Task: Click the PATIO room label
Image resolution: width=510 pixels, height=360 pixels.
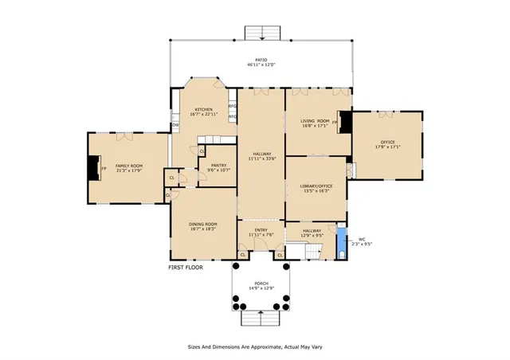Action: click(261, 60)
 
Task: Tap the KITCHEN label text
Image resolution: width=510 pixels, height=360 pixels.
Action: click(203, 110)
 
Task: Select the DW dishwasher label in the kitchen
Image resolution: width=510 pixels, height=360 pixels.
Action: click(175, 125)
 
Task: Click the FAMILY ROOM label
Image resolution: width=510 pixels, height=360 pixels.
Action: click(127, 163)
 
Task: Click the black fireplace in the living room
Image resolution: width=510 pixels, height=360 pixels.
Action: click(344, 122)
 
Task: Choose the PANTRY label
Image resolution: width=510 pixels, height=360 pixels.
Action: click(218, 166)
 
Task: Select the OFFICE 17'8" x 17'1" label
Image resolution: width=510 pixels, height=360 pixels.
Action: click(388, 143)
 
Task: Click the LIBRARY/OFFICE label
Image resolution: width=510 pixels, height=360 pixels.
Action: click(315, 187)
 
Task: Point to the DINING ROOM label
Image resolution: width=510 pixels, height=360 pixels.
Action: click(202, 225)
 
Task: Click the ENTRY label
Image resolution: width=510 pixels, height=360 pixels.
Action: click(261, 231)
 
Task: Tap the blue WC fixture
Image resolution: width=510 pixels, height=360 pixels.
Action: click(341, 238)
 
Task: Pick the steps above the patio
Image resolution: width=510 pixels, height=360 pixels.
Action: click(261, 33)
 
